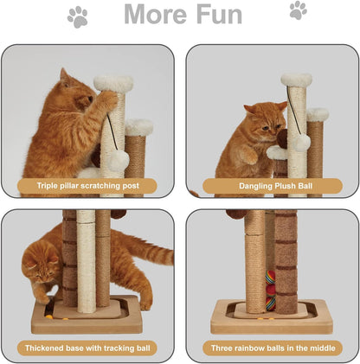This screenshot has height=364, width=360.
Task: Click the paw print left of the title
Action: pos(77,15)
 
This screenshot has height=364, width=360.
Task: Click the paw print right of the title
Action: pos(298,10)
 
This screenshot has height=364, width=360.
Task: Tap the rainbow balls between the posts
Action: pos(269,290)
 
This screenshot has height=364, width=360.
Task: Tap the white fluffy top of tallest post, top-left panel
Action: pos(113,84)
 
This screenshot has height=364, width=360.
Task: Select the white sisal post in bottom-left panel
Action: pos(86,259)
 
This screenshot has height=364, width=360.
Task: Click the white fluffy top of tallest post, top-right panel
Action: pos(295,80)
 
